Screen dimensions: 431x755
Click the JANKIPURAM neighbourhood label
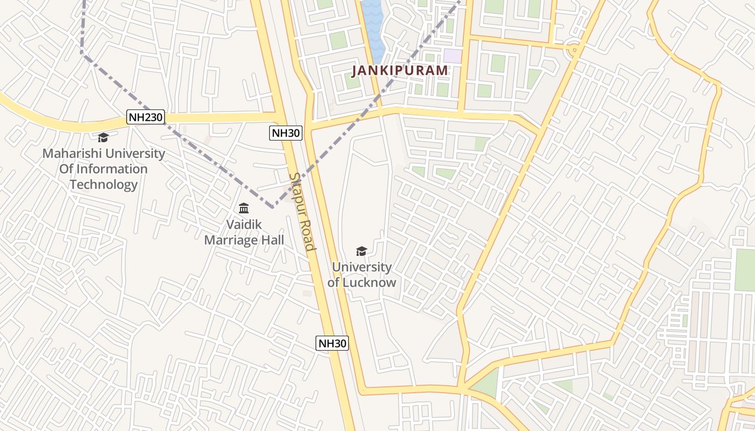pyautogui.click(x=400, y=70)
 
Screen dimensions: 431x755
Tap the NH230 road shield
pyautogui.click(x=146, y=117)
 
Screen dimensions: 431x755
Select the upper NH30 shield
pyautogui.click(x=286, y=133)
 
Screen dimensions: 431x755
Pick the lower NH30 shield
pyautogui.click(x=332, y=343)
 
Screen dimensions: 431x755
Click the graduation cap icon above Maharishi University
pyautogui.click(x=103, y=138)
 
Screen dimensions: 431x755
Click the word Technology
pyautogui.click(x=104, y=185)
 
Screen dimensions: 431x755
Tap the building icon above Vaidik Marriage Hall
pyautogui.click(x=244, y=208)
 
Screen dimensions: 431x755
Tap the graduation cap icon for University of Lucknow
pyautogui.click(x=361, y=251)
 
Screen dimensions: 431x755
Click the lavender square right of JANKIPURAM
pyautogui.click(x=453, y=55)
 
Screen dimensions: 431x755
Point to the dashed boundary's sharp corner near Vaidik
pyautogui.click(x=272, y=206)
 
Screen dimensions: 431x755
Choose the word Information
pyautogui.click(x=111, y=169)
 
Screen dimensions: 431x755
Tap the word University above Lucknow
pyautogui.click(x=361, y=267)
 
